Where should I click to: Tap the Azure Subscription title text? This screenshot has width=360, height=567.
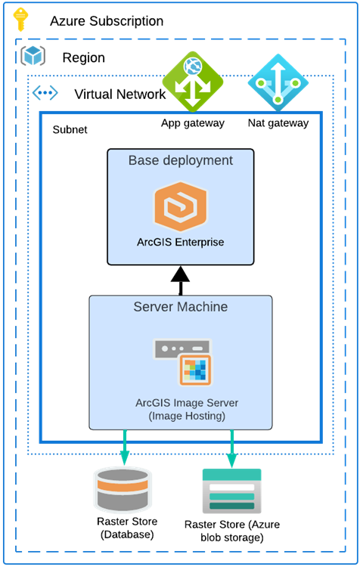click(106, 21)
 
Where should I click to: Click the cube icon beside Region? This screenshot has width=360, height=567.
click(34, 56)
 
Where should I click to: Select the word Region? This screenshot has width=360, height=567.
click(83, 58)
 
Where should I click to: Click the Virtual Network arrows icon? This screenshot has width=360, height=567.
click(45, 94)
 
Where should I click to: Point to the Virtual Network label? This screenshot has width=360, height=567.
click(119, 94)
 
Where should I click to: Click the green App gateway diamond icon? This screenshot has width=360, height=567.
click(193, 82)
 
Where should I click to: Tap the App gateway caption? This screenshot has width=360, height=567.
click(193, 122)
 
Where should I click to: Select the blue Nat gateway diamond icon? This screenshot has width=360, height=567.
click(278, 82)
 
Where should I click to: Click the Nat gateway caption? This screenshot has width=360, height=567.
click(278, 122)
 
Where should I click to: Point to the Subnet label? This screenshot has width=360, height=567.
click(70, 130)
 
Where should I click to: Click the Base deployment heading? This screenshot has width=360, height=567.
click(181, 160)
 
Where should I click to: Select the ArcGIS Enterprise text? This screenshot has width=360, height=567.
click(180, 243)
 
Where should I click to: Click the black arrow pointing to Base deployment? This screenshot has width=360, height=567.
click(181, 279)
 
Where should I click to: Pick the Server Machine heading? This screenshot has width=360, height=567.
click(181, 307)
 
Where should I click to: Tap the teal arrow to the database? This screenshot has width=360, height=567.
click(125, 449)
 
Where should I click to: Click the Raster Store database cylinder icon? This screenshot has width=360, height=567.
click(122, 489)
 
